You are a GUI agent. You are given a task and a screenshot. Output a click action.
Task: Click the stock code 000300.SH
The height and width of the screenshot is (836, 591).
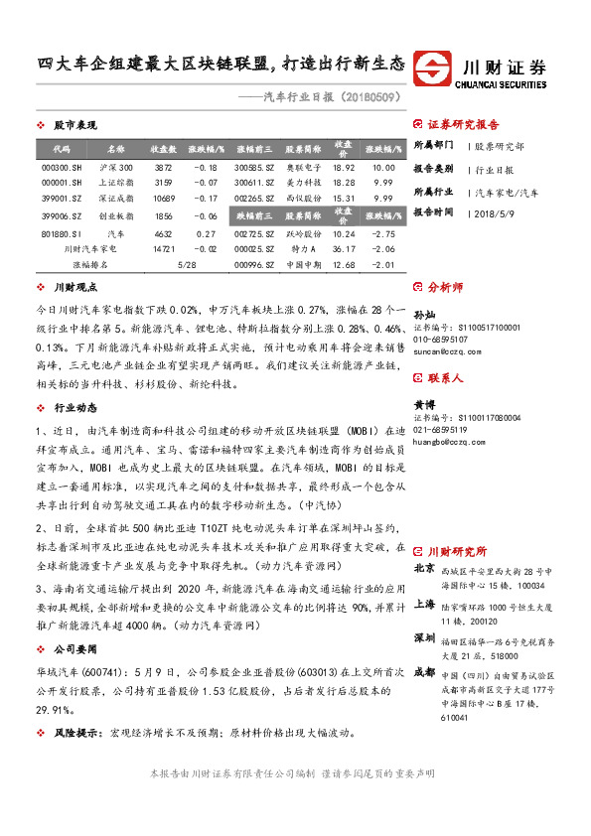coord(55,169)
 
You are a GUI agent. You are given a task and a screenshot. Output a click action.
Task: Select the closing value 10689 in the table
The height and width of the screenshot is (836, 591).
coord(164,199)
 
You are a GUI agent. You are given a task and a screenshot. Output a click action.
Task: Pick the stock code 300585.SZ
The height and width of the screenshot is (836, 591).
coord(253,169)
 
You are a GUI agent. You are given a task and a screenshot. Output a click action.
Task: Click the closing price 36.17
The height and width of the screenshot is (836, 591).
coord(344,248)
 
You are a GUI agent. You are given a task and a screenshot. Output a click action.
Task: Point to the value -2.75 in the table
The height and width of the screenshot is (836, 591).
coord(382,232)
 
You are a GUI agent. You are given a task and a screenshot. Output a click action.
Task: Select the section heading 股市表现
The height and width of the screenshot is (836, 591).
coord(74,125)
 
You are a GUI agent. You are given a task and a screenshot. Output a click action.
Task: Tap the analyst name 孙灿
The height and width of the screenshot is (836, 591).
coord(423,312)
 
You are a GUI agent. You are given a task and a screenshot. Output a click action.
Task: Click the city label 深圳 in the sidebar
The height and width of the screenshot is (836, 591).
coord(424,637)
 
